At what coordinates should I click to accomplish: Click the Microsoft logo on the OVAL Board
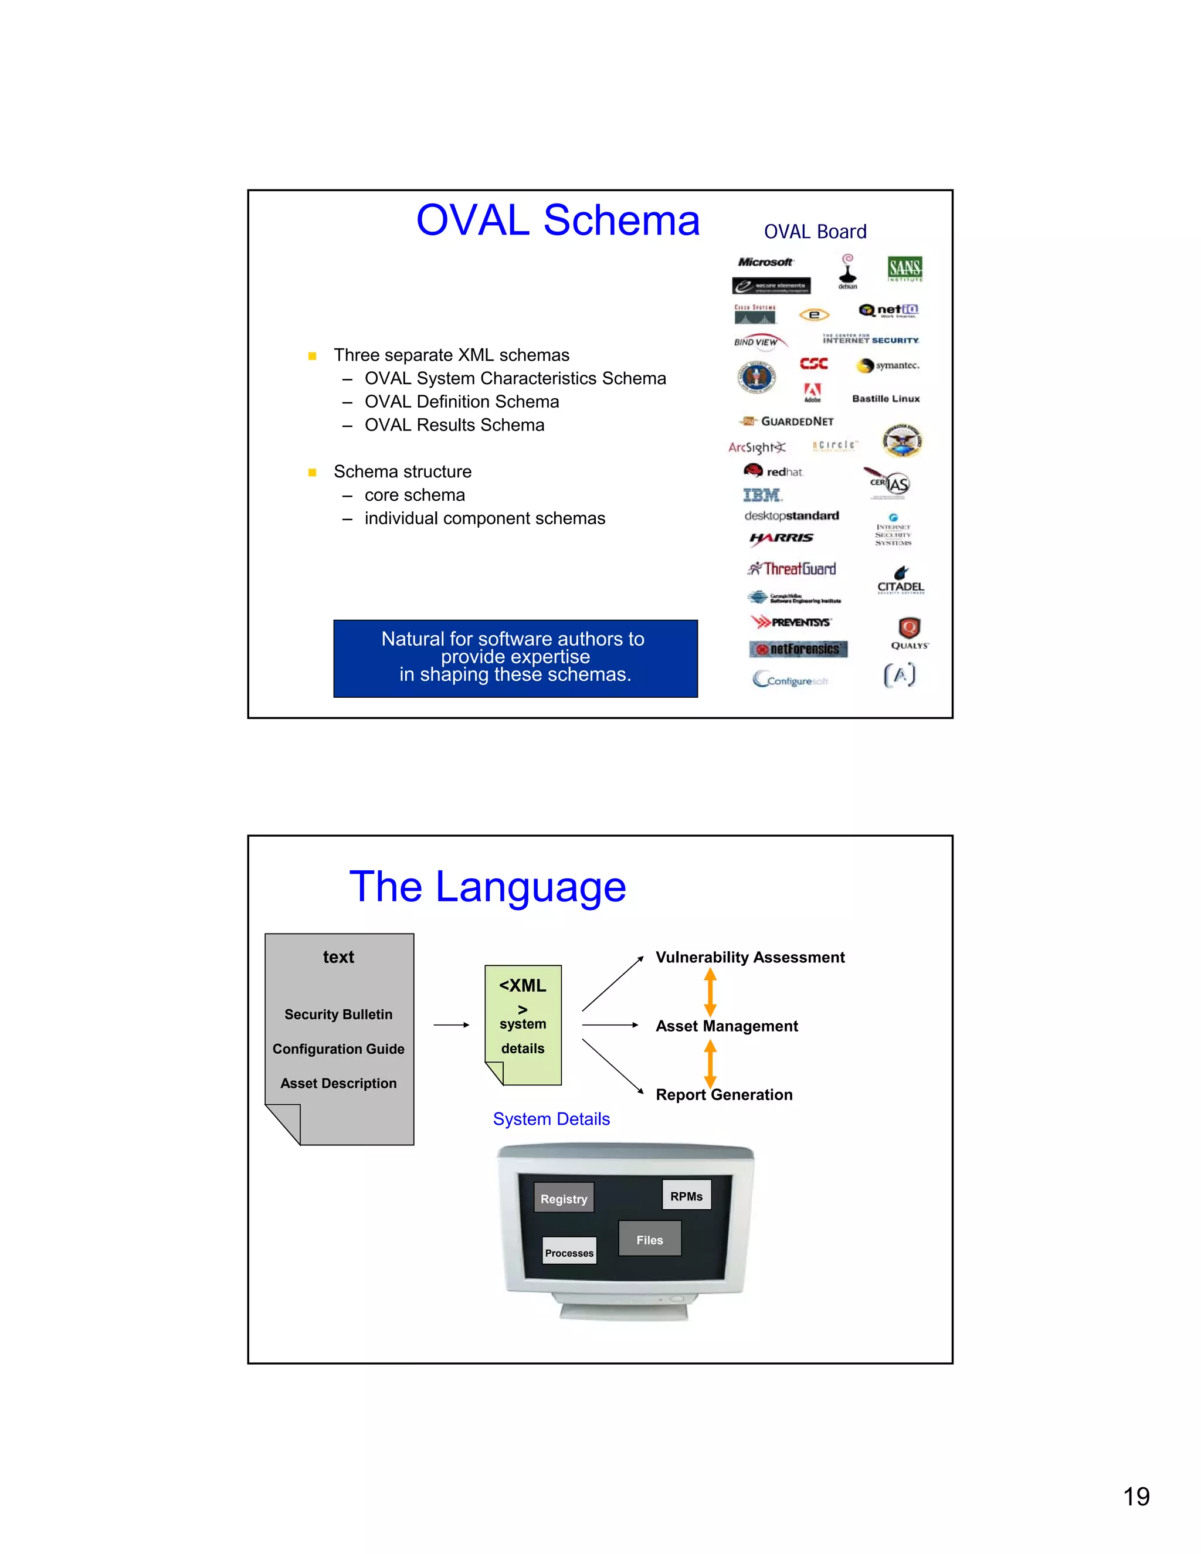coord(765,262)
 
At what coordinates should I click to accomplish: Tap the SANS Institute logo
coord(904,268)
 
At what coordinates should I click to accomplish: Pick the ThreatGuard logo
coord(792,568)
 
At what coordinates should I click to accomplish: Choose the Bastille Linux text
coord(886,398)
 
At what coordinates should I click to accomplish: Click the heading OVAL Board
coord(815,232)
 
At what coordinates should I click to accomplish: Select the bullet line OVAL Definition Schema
coord(461,402)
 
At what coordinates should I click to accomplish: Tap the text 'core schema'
coord(414,496)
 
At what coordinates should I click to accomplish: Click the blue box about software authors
coord(515,658)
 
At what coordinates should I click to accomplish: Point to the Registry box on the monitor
coord(564,1199)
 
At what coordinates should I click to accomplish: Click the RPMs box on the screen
coord(686,1196)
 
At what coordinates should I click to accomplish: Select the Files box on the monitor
coord(650,1240)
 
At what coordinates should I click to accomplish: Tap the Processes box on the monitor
coord(569,1253)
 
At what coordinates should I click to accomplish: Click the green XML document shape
coord(523,1024)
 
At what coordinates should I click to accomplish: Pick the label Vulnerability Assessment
coord(750,958)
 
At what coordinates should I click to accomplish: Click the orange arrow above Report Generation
coord(710,1063)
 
